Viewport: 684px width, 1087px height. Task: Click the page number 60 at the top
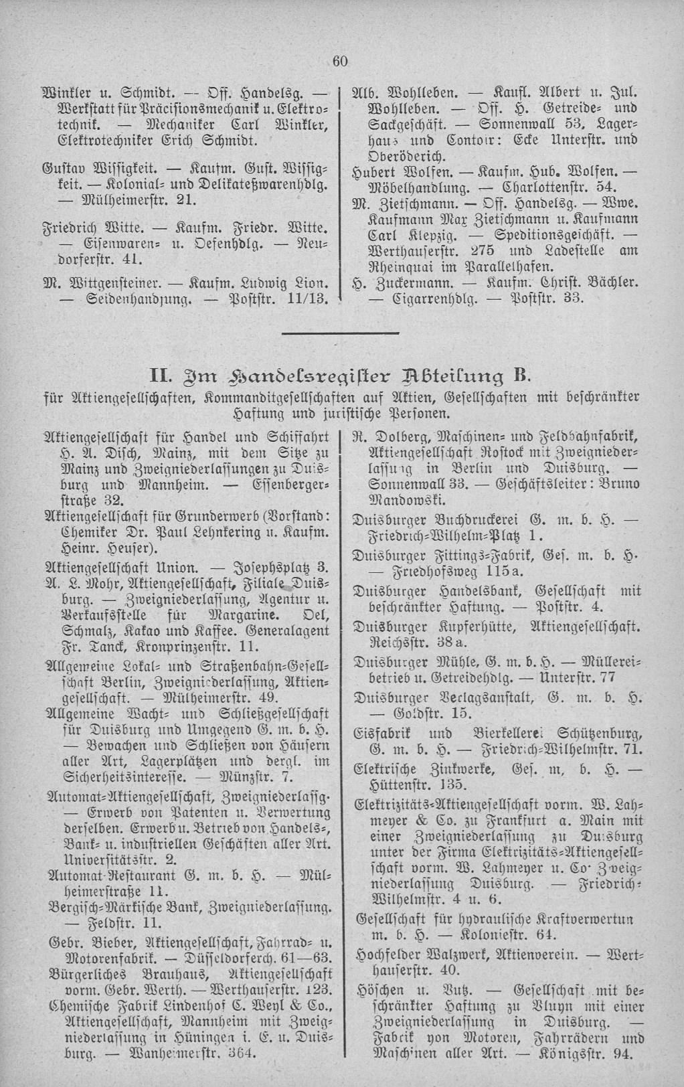340,62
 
